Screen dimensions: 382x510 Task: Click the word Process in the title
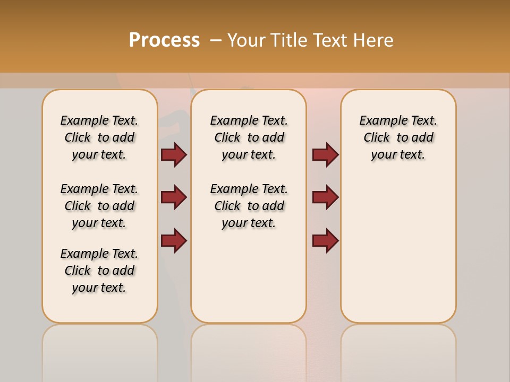point(164,40)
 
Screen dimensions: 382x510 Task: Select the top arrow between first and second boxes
point(174,154)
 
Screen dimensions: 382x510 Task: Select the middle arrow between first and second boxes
point(174,197)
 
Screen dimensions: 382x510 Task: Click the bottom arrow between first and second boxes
point(174,240)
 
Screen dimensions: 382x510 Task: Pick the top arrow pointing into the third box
point(325,154)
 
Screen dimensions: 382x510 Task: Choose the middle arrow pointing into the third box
point(325,197)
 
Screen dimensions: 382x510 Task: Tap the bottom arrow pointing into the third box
point(325,240)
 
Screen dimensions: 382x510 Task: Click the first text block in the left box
point(99,137)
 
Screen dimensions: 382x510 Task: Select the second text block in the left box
point(99,206)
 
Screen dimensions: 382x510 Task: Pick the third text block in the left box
point(99,271)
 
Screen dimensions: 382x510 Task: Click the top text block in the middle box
point(249,137)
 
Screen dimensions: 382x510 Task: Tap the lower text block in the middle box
point(249,206)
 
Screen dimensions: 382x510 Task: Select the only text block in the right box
point(398,137)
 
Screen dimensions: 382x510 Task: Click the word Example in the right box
point(380,121)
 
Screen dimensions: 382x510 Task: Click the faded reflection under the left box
point(100,350)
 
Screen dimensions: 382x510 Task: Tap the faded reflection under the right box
point(398,350)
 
